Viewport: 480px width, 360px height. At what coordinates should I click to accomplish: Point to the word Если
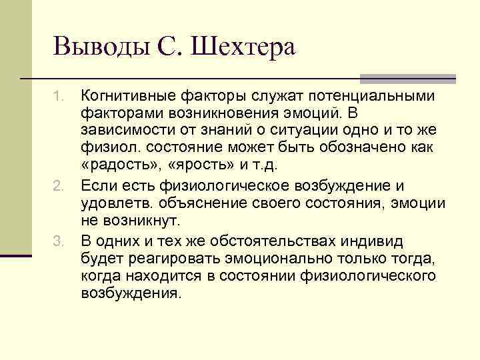[97, 185]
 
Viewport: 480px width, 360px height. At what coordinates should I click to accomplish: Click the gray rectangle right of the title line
[408, 78]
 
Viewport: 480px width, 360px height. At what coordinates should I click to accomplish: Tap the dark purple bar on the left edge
[15, 255]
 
